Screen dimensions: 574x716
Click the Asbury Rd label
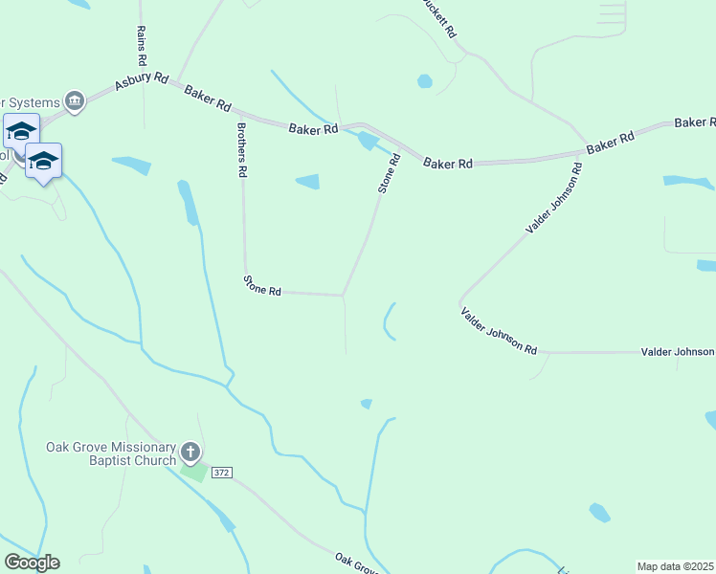(142, 83)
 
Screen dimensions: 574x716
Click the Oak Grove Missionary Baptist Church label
(112, 453)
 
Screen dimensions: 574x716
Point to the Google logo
(32, 563)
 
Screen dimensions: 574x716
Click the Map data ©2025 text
(675, 566)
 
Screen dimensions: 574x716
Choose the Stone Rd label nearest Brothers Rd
(261, 285)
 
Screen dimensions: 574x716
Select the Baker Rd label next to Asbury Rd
(208, 96)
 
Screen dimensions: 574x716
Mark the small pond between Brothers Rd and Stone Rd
(307, 182)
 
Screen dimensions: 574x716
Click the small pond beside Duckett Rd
(424, 81)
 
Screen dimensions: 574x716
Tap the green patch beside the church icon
(192, 471)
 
